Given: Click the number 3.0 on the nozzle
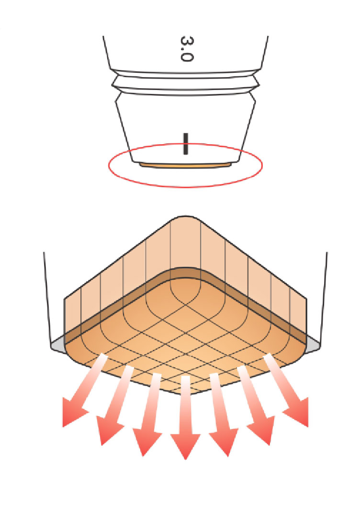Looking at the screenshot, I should coord(186,47).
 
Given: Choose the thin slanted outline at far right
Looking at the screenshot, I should coord(324,297).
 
